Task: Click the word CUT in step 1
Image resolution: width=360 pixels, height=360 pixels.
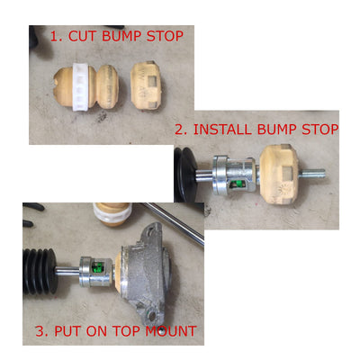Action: tap(83, 36)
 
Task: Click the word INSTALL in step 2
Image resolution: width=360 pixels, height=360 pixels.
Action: tap(222, 130)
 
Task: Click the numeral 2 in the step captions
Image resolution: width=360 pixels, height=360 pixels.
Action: tap(179, 130)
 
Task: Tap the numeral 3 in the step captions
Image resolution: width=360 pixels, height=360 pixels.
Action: tap(40, 331)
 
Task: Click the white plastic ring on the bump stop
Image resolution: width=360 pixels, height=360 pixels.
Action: tap(81, 86)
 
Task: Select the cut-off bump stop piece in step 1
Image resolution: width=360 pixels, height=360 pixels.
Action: tap(146, 85)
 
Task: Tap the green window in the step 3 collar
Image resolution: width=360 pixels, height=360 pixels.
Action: tap(99, 266)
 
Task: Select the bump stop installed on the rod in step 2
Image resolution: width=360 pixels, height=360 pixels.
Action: tap(279, 174)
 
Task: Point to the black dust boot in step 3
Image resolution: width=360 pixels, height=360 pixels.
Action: tap(40, 271)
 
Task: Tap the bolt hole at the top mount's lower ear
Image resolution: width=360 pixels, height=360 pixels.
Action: tap(152, 315)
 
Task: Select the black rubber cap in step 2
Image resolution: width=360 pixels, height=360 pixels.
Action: tap(185, 175)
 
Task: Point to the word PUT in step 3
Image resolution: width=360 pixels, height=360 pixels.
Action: tap(67, 331)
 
